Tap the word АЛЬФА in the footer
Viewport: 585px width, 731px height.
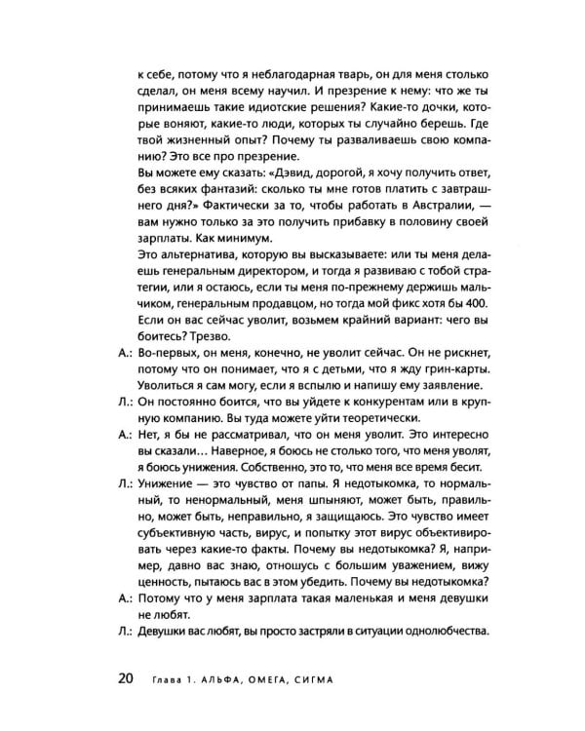tap(219, 678)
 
